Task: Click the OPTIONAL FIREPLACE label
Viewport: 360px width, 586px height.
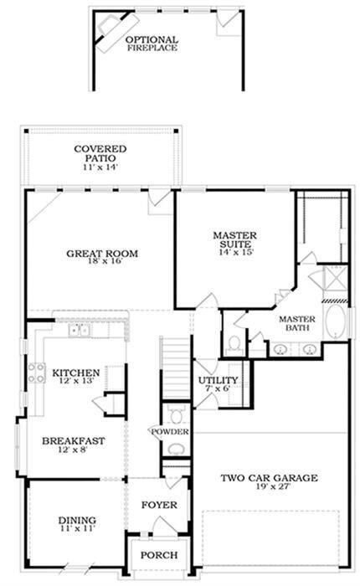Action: (152, 44)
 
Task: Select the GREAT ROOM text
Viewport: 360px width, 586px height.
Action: (103, 254)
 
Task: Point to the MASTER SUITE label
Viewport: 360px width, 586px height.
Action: (234, 239)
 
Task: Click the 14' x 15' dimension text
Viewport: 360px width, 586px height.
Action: (235, 250)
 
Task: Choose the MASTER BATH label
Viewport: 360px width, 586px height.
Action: (296, 323)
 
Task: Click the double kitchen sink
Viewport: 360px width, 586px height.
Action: (80, 331)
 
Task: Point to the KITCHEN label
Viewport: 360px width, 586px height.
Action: (76, 373)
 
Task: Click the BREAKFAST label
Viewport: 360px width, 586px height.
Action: (73, 440)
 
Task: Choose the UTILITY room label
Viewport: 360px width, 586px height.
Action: (213, 381)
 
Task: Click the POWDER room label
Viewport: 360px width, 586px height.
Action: (170, 431)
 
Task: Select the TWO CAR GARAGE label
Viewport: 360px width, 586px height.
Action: (268, 478)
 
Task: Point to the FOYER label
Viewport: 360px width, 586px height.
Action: (158, 505)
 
